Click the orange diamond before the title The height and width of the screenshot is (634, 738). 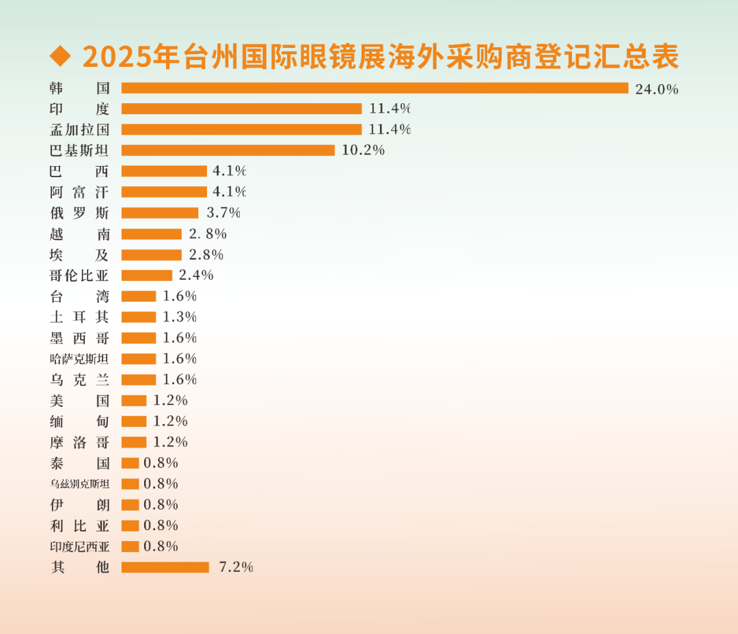click(x=61, y=57)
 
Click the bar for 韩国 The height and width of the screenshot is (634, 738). click(x=374, y=88)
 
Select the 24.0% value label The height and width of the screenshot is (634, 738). click(x=656, y=89)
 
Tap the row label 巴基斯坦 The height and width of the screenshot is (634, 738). click(x=79, y=150)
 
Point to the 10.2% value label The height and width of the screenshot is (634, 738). click(x=363, y=150)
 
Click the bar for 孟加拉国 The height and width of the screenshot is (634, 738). click(x=241, y=129)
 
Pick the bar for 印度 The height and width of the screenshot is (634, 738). click(x=241, y=109)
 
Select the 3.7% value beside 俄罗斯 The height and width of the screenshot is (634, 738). click(x=223, y=213)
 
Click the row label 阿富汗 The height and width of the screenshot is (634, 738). click(x=79, y=192)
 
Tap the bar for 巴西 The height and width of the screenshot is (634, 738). click(x=164, y=171)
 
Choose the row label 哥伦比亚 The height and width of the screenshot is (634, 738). click(x=79, y=276)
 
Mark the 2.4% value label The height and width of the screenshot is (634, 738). click(x=196, y=276)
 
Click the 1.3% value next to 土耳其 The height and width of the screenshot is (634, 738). click(x=180, y=317)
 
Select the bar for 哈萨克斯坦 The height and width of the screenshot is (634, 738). click(x=139, y=359)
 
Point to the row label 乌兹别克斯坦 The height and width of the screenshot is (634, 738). click(x=79, y=484)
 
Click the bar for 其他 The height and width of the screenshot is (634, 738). click(x=165, y=567)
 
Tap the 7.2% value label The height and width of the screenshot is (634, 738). click(x=236, y=567)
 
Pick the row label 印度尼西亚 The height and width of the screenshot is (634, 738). click(x=79, y=546)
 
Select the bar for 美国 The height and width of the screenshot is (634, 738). click(x=134, y=401)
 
